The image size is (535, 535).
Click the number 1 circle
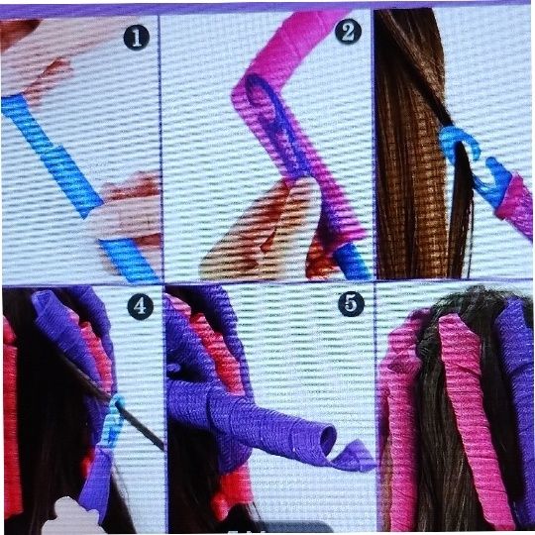click(136, 38)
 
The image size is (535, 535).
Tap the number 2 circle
click(348, 31)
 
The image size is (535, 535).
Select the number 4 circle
click(140, 307)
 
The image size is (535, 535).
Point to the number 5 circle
click(351, 303)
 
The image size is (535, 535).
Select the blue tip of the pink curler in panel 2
click(352, 261)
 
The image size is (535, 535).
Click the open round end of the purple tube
click(327, 440)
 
